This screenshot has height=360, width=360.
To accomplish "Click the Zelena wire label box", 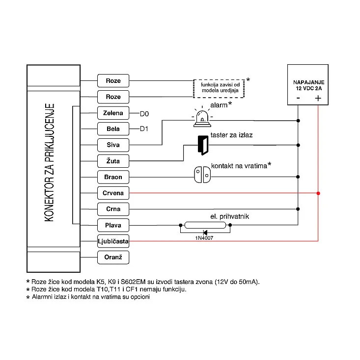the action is pyautogui.click(x=113, y=113).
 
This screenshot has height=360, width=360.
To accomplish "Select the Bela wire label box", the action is pyautogui.click(x=113, y=129).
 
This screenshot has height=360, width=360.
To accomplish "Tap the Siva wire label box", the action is pyautogui.click(x=113, y=145).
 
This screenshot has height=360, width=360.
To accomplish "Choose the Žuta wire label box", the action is pyautogui.click(x=113, y=161).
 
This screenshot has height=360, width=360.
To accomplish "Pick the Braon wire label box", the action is pyautogui.click(x=113, y=177).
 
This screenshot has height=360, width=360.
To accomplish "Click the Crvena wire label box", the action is pyautogui.click(x=113, y=193).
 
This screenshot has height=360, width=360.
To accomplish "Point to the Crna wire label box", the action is pyautogui.click(x=113, y=209).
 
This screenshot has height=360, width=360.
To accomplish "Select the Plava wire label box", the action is pyautogui.click(x=113, y=225).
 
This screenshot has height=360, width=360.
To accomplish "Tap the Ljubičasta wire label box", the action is pyautogui.click(x=113, y=241).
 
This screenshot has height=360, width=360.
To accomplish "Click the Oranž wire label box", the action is pyautogui.click(x=113, y=257).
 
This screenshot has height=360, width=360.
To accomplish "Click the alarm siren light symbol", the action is pyautogui.click(x=202, y=117).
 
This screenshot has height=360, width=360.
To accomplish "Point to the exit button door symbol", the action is pyautogui.click(x=203, y=145).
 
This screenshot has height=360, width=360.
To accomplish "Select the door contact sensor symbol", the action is pyautogui.click(x=202, y=175).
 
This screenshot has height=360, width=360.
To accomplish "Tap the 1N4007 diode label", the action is pyautogui.click(x=204, y=238).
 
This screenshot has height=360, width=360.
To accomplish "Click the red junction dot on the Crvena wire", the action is pyautogui.click(x=318, y=193).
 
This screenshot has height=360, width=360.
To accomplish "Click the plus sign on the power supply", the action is pyautogui.click(x=318, y=99).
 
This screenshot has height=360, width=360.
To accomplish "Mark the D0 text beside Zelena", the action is pyautogui.click(x=144, y=114).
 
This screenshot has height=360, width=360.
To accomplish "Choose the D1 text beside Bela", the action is pyautogui.click(x=144, y=129).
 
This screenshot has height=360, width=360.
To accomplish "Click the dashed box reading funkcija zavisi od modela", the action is pyautogui.click(x=219, y=88).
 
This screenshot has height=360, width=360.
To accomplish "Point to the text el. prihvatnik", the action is pyautogui.click(x=230, y=216).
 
